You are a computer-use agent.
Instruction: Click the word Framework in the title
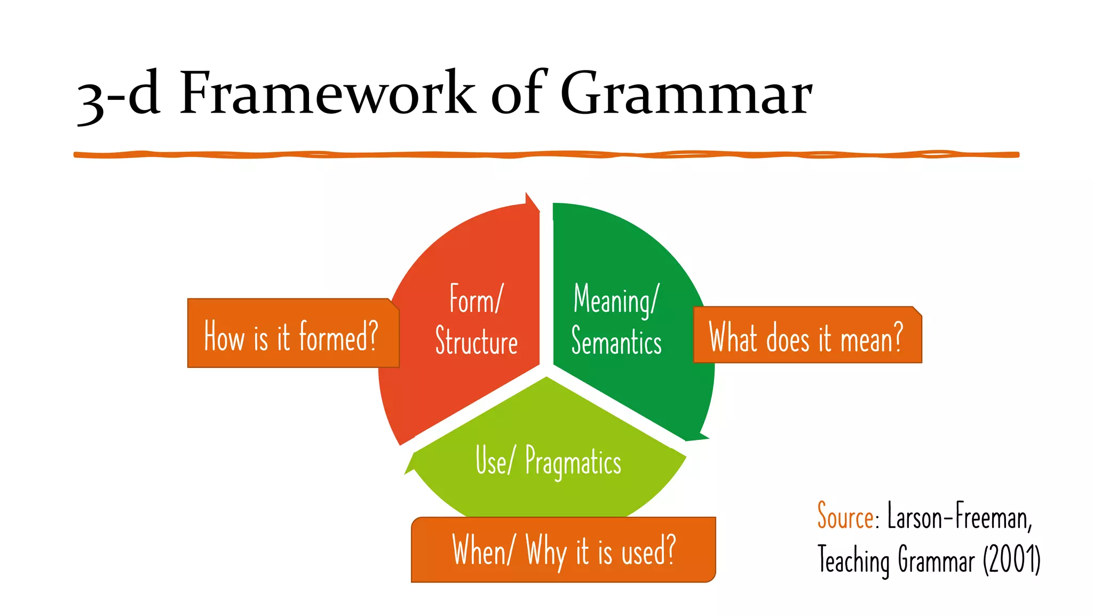pos(327,93)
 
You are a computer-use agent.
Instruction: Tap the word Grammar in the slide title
pos(686,93)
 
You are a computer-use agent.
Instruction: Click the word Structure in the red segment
pos(476,342)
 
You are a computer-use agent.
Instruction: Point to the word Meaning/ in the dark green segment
pos(616,300)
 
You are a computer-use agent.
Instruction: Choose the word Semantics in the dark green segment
pos(616,342)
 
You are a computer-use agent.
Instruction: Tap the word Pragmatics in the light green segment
pos(573,462)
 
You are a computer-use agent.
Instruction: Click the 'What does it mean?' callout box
pos(807,335)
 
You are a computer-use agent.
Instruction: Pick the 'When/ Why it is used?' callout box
pos(563,550)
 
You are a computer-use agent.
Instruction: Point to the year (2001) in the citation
pos(1012,560)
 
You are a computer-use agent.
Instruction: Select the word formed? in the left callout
pos(338,336)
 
